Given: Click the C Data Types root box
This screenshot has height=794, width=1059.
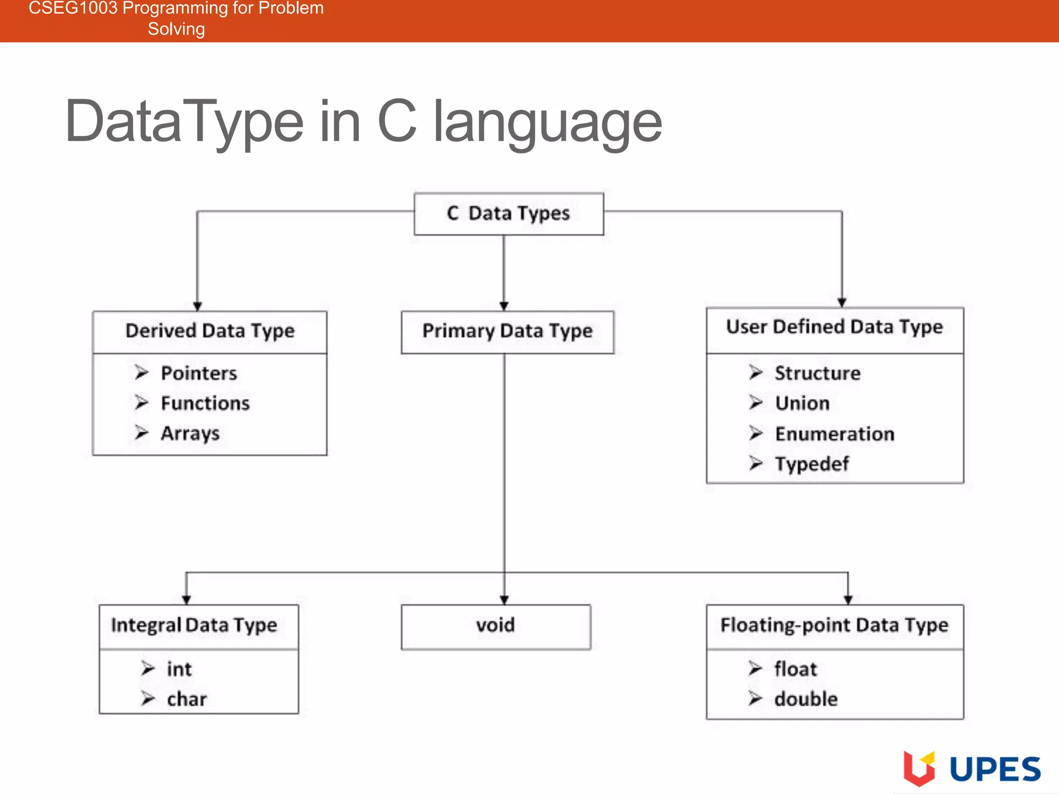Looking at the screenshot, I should (508, 213).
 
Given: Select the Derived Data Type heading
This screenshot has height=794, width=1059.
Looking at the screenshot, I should (209, 331).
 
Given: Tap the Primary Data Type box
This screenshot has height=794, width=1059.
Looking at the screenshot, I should (507, 331).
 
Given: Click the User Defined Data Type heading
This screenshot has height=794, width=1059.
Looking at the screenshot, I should (834, 327).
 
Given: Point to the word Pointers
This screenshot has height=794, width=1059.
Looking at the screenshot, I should (199, 373).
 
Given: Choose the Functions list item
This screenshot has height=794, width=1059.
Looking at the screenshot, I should (205, 403).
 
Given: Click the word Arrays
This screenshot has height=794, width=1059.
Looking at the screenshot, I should (190, 433).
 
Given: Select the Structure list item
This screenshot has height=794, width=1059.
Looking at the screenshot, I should (817, 373).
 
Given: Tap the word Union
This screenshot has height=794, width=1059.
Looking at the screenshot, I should (802, 403).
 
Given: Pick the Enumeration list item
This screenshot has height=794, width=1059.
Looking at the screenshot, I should (834, 434).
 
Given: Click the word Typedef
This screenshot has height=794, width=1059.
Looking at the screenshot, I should (811, 464).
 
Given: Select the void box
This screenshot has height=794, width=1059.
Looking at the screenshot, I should (495, 626).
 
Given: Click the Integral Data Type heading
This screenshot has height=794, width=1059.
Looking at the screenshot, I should (194, 626).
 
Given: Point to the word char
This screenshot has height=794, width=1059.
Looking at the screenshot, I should (187, 699).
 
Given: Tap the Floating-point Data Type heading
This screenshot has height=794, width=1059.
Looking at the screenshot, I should (834, 626).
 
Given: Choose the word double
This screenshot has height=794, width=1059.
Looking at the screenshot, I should (806, 699).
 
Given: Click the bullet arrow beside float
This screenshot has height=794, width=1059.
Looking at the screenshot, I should (755, 669).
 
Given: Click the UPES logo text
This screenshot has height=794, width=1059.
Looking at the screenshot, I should (995, 770).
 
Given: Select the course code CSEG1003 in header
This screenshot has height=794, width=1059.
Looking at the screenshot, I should (73, 8).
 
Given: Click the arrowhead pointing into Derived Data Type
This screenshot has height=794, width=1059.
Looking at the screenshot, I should (197, 306).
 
